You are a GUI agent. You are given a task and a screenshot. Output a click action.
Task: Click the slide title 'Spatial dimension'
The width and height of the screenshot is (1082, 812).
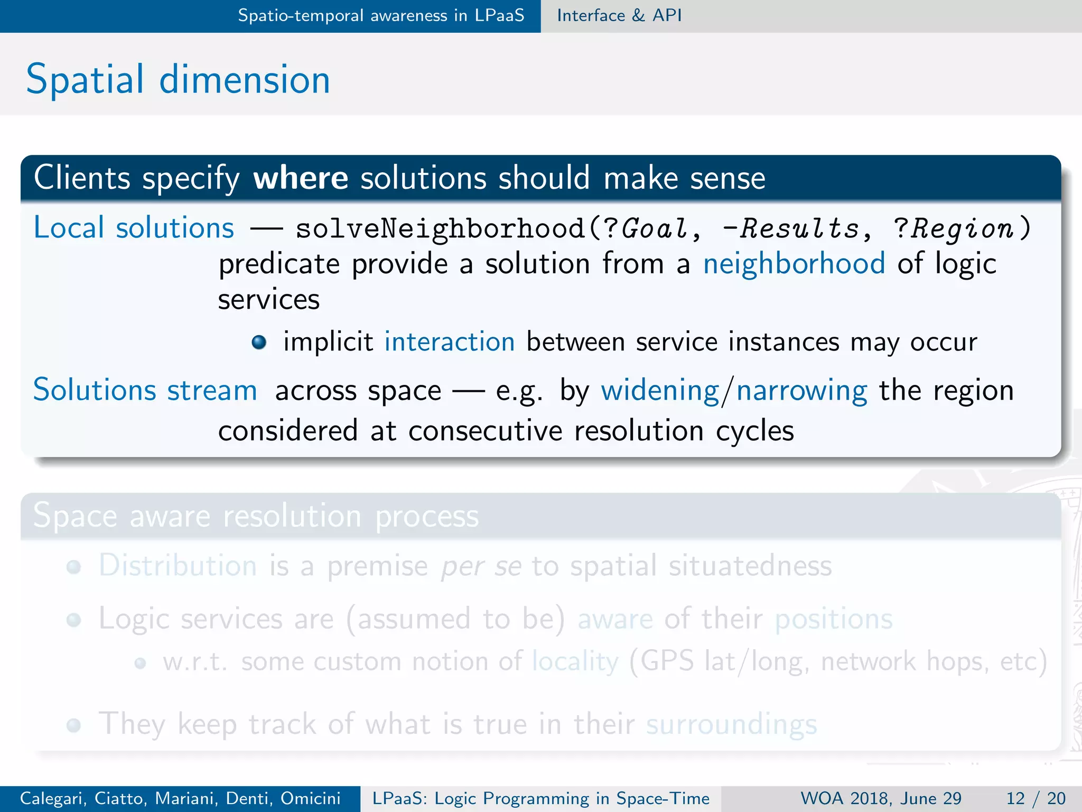pyautogui.click(x=178, y=79)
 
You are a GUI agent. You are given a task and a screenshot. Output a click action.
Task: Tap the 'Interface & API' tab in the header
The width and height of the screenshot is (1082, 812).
pyautogui.click(x=619, y=15)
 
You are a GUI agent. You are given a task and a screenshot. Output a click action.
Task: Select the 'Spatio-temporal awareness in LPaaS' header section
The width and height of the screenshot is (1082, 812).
pyautogui.click(x=380, y=15)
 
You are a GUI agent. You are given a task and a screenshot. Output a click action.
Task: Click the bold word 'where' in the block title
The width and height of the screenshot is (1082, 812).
pyautogui.click(x=301, y=178)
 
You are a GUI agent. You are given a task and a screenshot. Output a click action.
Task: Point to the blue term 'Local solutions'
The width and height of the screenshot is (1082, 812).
pyautogui.click(x=134, y=228)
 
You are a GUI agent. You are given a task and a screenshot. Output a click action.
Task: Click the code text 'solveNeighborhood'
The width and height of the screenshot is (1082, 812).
pyautogui.click(x=440, y=228)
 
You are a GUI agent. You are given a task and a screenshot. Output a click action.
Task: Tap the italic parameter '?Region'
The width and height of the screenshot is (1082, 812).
pyautogui.click(x=953, y=228)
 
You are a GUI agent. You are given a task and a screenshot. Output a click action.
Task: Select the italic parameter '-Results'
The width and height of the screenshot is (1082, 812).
pyautogui.click(x=791, y=228)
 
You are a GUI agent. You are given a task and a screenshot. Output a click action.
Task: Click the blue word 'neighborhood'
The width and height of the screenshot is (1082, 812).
pyautogui.click(x=794, y=263)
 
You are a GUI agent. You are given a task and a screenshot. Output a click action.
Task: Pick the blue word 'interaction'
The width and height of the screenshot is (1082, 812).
pyautogui.click(x=449, y=342)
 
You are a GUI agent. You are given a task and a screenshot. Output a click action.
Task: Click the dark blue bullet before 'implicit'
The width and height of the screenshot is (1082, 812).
pyautogui.click(x=259, y=343)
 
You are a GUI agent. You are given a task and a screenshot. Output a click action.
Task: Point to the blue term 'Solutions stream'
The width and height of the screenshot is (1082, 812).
pyautogui.click(x=145, y=390)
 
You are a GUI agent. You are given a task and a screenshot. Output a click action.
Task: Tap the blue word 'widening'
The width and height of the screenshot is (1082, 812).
pyautogui.click(x=660, y=391)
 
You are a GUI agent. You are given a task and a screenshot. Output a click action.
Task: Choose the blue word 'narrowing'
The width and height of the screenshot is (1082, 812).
pyautogui.click(x=801, y=391)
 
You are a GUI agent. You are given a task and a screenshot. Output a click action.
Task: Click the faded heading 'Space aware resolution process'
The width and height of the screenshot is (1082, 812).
pyautogui.click(x=256, y=515)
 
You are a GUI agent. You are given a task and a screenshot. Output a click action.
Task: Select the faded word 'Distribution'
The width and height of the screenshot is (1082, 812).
pyautogui.click(x=178, y=565)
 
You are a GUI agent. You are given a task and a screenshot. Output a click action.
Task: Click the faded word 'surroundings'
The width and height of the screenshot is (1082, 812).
pyautogui.click(x=731, y=724)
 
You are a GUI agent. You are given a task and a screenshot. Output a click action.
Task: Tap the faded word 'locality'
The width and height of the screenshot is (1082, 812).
pyautogui.click(x=575, y=661)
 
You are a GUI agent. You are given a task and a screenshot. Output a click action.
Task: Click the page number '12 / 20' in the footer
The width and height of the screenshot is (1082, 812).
pyautogui.click(x=1036, y=798)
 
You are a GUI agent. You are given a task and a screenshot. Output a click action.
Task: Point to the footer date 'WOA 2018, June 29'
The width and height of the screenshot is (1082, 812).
pyautogui.click(x=881, y=798)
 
